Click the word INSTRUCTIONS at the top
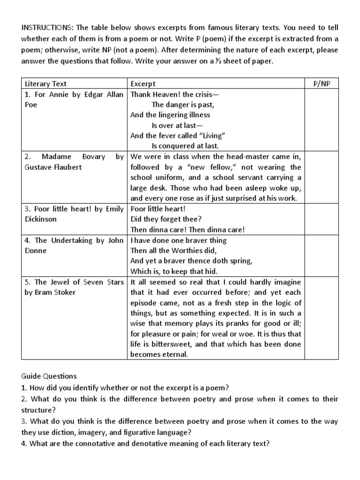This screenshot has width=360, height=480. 42,27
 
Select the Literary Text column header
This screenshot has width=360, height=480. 45,84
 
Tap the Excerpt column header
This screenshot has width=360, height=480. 143,84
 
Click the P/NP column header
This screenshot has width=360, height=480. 321,84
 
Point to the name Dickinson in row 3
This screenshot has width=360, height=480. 41,219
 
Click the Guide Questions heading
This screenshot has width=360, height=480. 49,376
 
